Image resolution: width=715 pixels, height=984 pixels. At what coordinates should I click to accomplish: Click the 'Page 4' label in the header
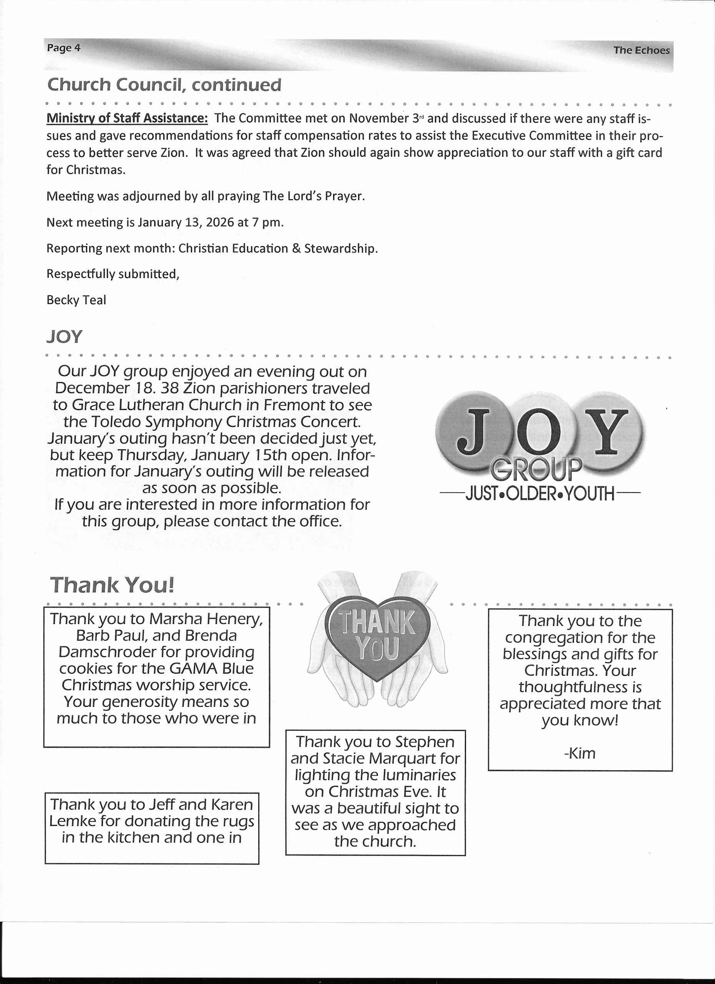click(x=64, y=47)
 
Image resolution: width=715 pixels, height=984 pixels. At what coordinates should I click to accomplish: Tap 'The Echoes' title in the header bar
click(x=641, y=50)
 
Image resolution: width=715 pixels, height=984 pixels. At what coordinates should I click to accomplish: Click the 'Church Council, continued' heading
click(x=164, y=85)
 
